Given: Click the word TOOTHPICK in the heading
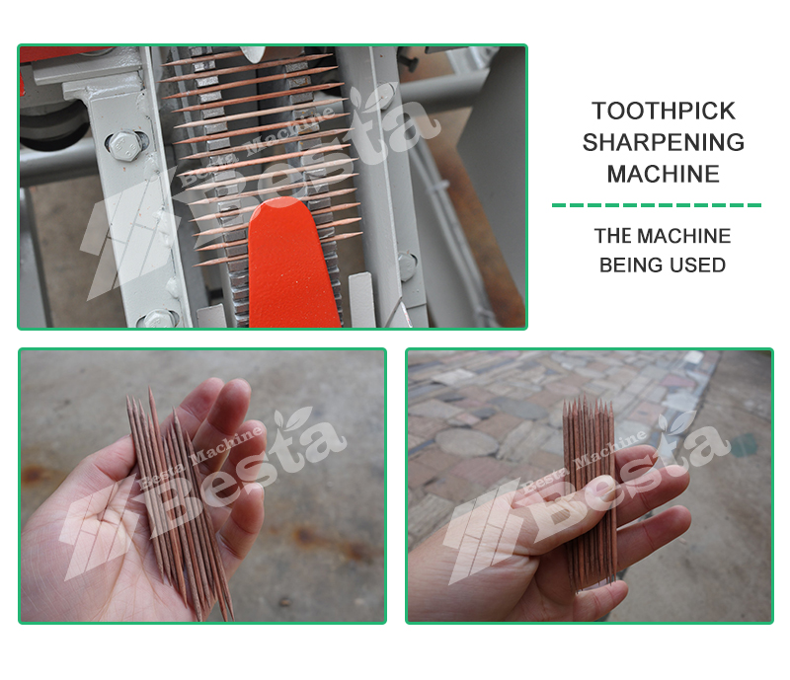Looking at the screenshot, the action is [x=663, y=111].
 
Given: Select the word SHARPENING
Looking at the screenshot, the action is [x=663, y=142].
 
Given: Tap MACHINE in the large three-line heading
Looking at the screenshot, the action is [x=663, y=175].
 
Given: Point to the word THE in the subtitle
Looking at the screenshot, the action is [x=610, y=236].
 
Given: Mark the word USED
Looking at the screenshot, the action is [x=692, y=264].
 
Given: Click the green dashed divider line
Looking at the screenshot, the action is [x=657, y=205].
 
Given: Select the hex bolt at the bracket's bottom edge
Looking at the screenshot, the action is [x=158, y=319].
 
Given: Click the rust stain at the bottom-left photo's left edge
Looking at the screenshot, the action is [x=33, y=474].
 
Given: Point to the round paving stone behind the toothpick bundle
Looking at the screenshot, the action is [x=466, y=442].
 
